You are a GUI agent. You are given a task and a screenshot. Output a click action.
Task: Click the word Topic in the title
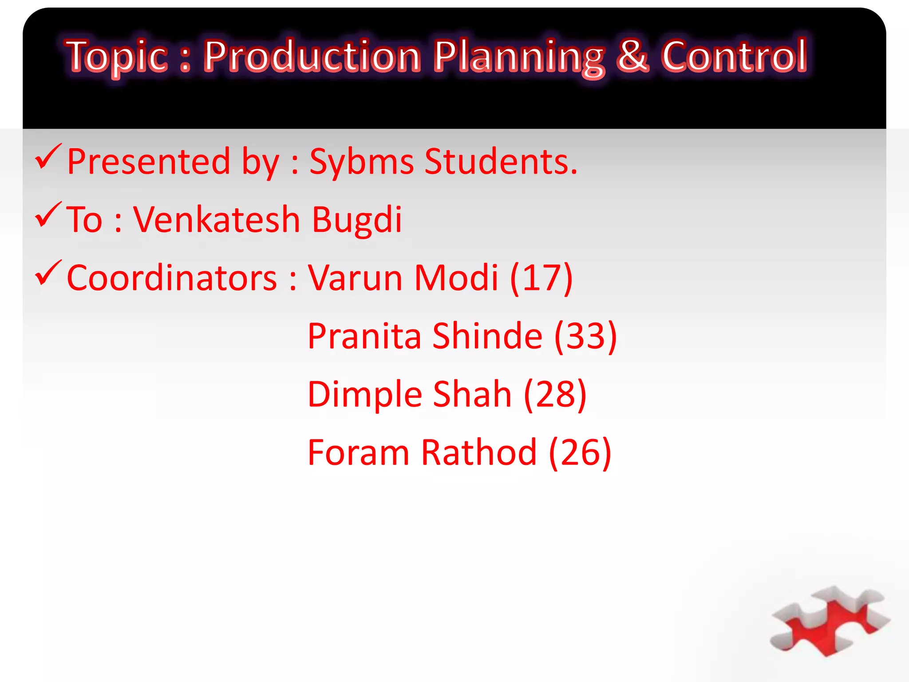(117, 57)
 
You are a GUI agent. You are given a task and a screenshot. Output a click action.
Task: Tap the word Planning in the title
(518, 57)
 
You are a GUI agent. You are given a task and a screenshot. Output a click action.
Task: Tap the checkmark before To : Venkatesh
(48, 215)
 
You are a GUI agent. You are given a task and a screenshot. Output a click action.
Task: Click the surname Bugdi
(357, 220)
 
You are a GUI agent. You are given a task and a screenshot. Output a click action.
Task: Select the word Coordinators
(172, 278)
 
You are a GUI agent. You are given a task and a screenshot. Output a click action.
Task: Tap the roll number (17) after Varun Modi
(541, 278)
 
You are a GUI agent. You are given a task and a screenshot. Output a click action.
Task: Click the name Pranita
(364, 336)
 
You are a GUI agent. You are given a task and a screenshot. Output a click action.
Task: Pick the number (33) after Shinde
(585, 336)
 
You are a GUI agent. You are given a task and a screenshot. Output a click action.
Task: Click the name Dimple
(365, 395)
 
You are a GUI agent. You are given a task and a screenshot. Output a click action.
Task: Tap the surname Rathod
(479, 452)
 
